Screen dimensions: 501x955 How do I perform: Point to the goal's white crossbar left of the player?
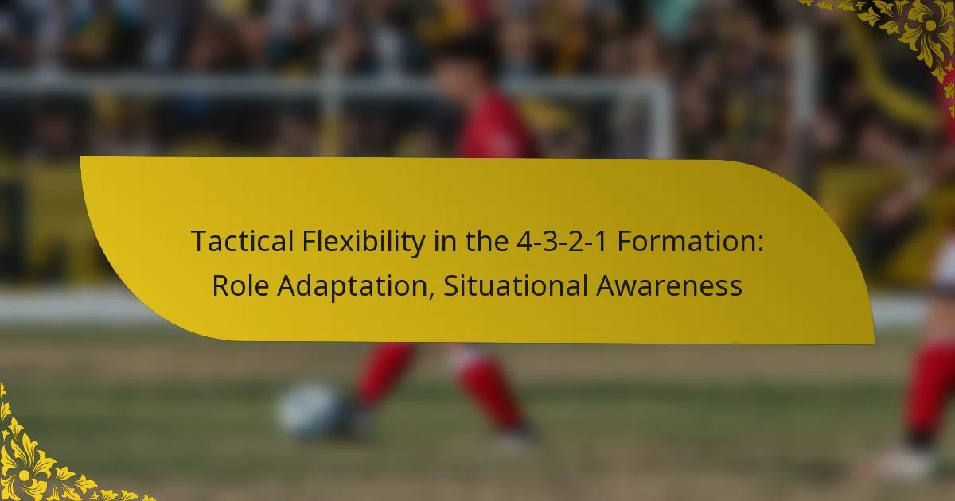[199, 84]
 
